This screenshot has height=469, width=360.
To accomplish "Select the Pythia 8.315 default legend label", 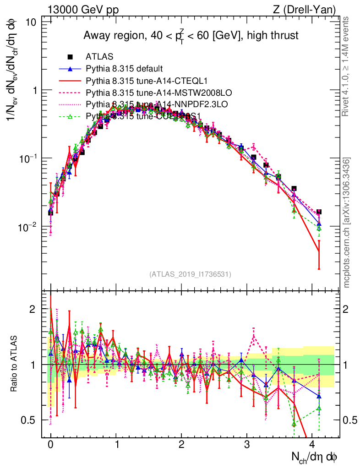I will click(x=124, y=69).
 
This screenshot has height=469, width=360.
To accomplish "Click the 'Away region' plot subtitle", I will click(x=191, y=36).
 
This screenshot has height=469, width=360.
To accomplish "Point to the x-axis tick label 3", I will click(x=247, y=445).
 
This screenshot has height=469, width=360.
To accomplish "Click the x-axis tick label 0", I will click(x=50, y=445).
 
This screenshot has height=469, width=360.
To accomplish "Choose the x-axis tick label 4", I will click(x=312, y=445).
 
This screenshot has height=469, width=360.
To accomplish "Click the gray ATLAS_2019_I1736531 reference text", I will click(x=190, y=274).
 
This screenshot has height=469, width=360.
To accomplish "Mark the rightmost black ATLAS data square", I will click(x=319, y=212).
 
